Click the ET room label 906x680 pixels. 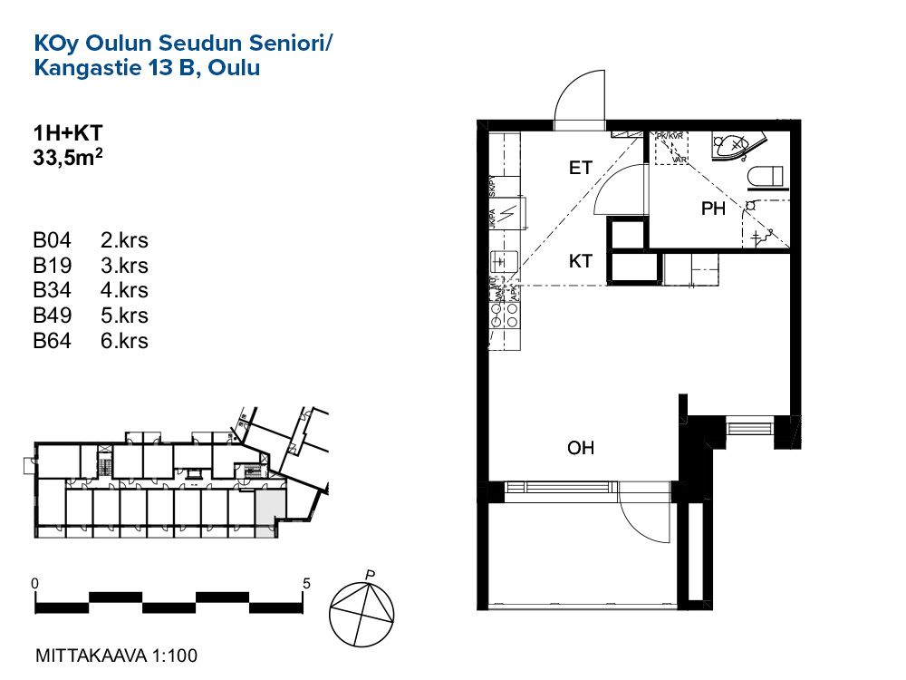click(x=581, y=168)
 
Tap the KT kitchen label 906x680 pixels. click(x=581, y=261)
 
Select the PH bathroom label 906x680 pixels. click(x=714, y=209)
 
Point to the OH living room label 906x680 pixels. click(x=581, y=448)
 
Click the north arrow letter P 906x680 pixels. click(x=370, y=574)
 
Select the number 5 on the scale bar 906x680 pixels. click(x=307, y=583)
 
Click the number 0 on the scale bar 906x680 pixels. click(x=34, y=583)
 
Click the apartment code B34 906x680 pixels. click(x=52, y=291)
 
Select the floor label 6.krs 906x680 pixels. click(x=124, y=342)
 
